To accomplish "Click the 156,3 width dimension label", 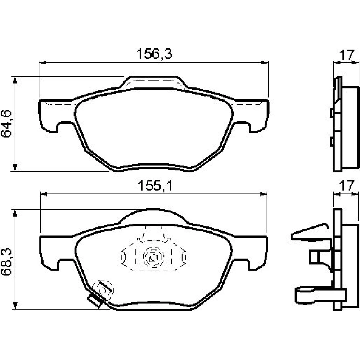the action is (x=154, y=54).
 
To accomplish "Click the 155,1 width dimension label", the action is (x=155, y=186).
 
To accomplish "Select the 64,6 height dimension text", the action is (x=6, y=124).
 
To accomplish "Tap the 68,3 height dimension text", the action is (x=6, y=262).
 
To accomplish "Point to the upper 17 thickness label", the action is (x=347, y=55).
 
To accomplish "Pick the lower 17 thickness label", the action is (x=347, y=186).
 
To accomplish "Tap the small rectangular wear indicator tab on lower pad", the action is (x=95, y=300).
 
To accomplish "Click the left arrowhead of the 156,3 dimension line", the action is (x=43, y=62).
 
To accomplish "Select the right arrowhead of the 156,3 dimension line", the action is (x=265, y=62).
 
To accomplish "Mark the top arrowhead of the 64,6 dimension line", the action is (x=15, y=81).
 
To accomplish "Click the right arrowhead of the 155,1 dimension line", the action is (x=264, y=194).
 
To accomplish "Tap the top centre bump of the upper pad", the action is (x=153, y=82).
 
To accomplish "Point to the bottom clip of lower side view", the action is (x=319, y=295).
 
